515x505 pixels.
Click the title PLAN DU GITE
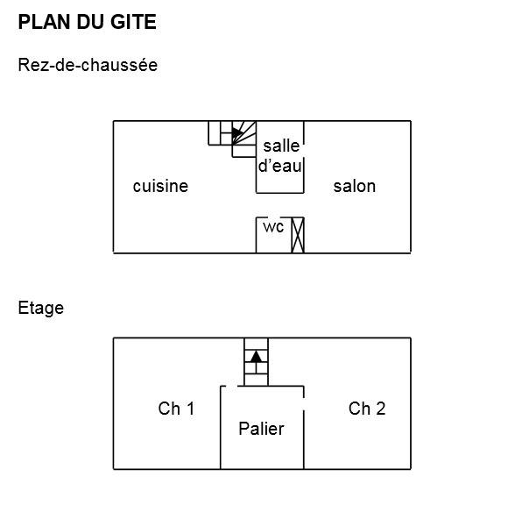(x=87, y=22)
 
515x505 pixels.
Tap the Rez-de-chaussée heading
(x=88, y=65)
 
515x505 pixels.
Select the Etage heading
(x=40, y=309)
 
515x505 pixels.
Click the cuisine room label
(x=160, y=186)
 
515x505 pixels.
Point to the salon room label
(x=355, y=186)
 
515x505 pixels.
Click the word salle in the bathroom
(x=281, y=146)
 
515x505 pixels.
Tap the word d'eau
(x=280, y=166)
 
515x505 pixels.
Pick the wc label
(x=273, y=227)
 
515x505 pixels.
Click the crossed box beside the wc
(x=298, y=235)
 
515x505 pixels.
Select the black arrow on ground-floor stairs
(x=236, y=133)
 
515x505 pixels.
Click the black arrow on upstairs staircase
(x=256, y=357)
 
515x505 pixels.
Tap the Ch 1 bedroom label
(x=176, y=409)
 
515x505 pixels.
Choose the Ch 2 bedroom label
(x=367, y=409)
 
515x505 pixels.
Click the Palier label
(x=261, y=429)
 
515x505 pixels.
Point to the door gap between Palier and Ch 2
(x=304, y=404)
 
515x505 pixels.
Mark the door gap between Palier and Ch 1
(x=231, y=386)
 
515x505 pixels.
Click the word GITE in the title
(x=133, y=22)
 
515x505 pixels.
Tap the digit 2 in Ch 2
(x=380, y=409)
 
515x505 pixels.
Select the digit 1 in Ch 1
(x=191, y=409)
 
